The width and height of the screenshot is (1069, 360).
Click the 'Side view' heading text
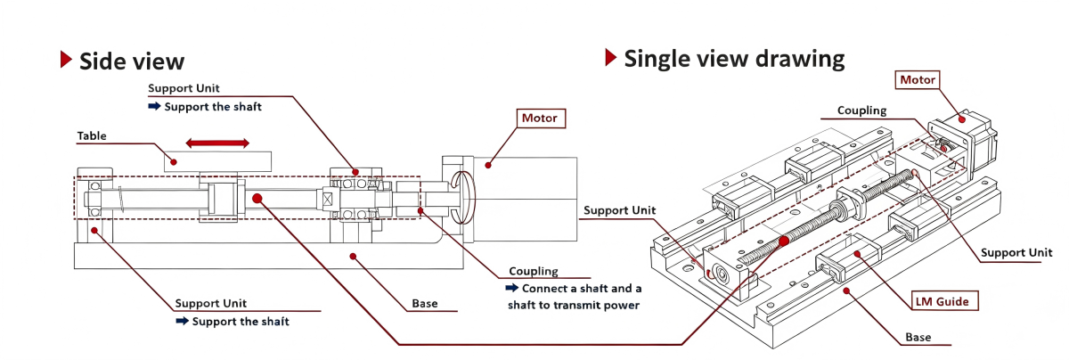[x=132, y=61]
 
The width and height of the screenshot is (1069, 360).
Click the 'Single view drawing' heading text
[x=734, y=59]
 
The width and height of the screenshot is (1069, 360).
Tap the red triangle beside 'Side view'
[x=66, y=59]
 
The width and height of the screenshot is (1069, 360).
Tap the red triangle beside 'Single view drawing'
[x=610, y=57]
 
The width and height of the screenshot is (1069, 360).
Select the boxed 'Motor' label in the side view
[x=541, y=119]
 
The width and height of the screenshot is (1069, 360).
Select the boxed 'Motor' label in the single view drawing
[x=918, y=79]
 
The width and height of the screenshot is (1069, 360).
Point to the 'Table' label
[x=92, y=136]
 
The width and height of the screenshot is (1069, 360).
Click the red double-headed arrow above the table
[x=217, y=143]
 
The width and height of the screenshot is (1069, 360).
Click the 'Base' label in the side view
[x=425, y=304]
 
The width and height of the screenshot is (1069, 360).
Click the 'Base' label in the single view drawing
[x=918, y=337]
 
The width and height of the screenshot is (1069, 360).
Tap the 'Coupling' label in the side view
[x=533, y=271]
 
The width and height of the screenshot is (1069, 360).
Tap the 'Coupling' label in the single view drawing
[x=862, y=110]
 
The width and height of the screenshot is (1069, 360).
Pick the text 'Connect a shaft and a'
[x=581, y=289]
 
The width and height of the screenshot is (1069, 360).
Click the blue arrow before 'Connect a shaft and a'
[x=511, y=288]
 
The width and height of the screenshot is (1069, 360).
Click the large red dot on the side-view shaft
[x=257, y=198]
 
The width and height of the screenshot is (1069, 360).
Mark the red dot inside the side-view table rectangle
[x=174, y=162]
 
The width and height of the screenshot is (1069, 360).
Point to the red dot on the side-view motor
[x=488, y=165]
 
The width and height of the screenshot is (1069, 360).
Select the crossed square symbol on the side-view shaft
[x=328, y=199]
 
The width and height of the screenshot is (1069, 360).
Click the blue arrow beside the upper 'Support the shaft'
[x=154, y=106]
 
